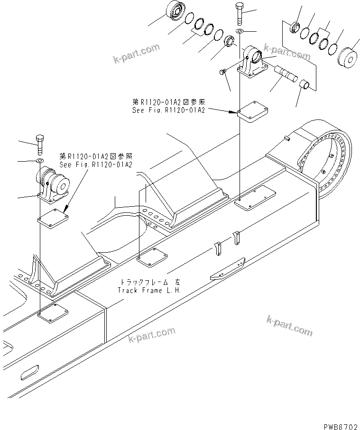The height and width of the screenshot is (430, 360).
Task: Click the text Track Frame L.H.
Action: [148, 290]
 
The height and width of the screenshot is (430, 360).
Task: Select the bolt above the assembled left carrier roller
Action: [40, 143]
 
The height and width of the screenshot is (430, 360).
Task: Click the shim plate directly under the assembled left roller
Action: [53, 217]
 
